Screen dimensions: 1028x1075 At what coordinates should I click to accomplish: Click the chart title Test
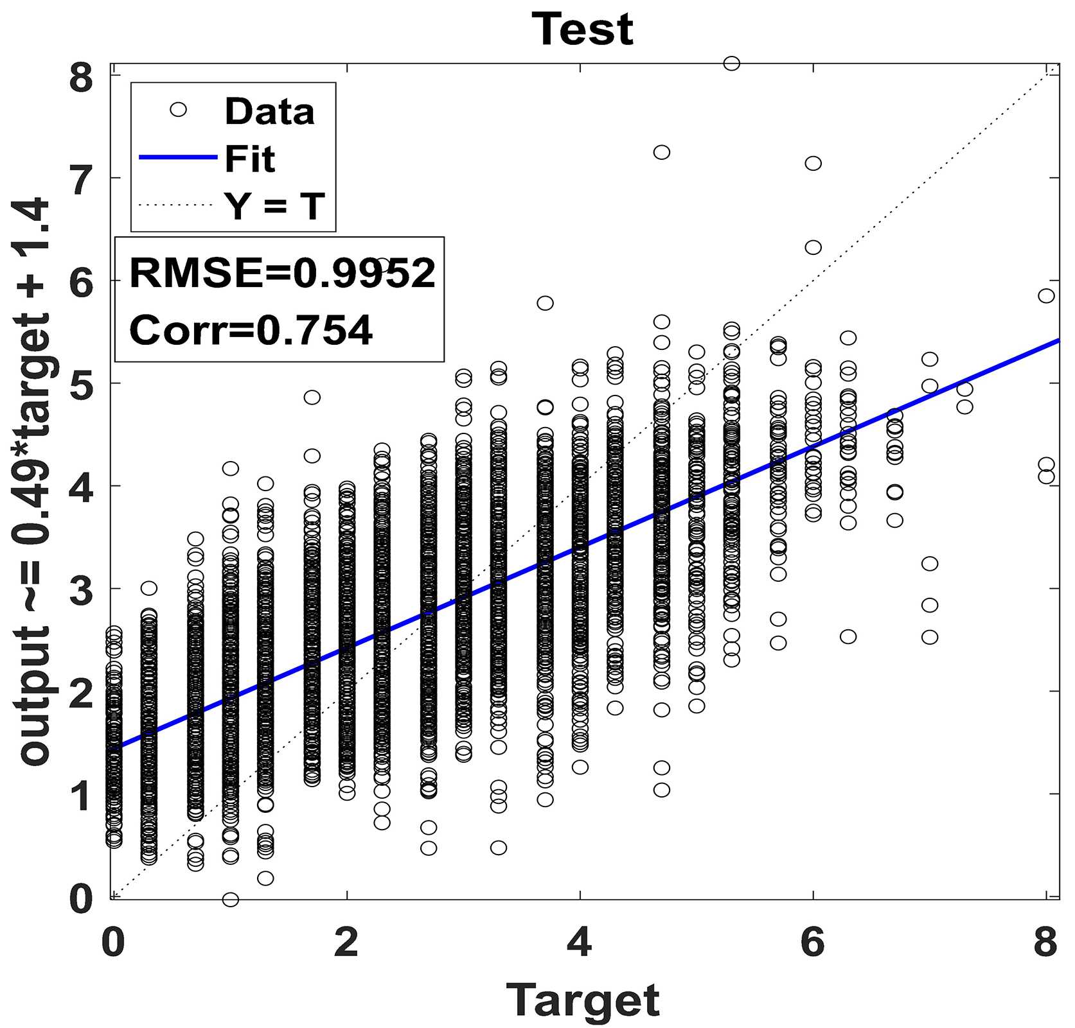coord(582,30)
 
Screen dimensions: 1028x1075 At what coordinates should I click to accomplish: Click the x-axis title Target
coord(583,1000)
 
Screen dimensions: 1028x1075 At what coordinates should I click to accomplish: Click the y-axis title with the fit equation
coord(35,482)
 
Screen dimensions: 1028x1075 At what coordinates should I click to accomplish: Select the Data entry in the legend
coord(269,111)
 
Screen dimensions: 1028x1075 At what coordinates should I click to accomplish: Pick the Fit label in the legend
coord(249,159)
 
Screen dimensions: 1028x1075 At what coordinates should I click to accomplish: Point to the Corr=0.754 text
coord(251,330)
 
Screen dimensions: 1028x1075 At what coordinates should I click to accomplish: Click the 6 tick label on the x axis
coord(813,942)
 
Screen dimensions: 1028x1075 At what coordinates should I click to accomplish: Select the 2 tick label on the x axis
coord(346,942)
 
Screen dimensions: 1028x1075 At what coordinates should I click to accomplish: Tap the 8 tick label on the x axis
coord(1045,942)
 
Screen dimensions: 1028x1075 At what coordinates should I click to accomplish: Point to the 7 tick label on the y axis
coord(82,180)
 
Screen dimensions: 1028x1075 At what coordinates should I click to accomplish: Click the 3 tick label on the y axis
coord(82,590)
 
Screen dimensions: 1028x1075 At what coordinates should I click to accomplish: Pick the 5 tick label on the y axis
coord(82,385)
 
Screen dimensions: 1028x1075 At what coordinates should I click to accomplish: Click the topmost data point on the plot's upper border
coord(731,63)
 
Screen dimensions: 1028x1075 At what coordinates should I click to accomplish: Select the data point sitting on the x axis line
coord(230,899)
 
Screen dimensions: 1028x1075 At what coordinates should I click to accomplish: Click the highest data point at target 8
coord(1046,295)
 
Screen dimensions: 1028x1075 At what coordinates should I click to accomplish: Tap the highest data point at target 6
coord(813,163)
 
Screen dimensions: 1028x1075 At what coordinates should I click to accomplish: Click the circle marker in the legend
coord(178,110)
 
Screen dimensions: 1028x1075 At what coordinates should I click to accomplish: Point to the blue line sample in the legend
coord(178,157)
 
